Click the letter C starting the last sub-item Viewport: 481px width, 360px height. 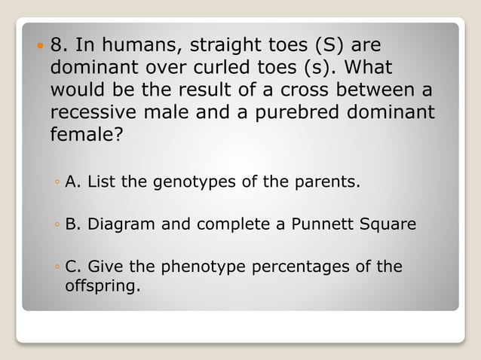[x=72, y=267]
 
